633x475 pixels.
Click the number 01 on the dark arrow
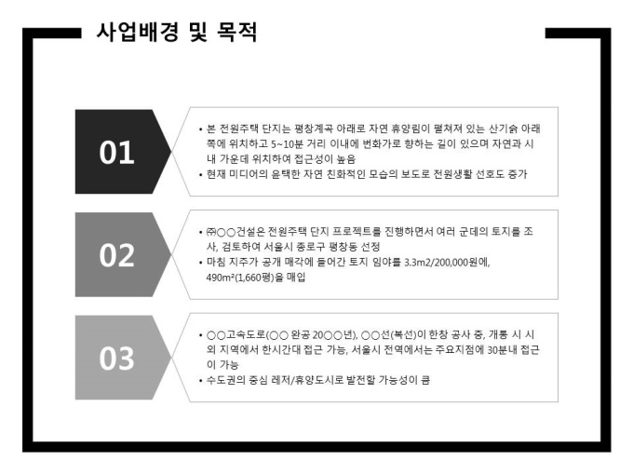click(116, 152)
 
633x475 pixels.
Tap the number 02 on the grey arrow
click(116, 255)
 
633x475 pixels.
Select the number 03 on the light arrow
click(116, 359)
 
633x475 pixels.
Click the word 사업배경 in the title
click(137, 32)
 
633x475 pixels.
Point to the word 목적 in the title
click(237, 32)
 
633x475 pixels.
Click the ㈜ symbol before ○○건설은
click(211, 232)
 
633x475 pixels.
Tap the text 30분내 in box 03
click(502, 350)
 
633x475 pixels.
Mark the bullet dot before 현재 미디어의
click(201, 174)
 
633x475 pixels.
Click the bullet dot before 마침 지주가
click(201, 263)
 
